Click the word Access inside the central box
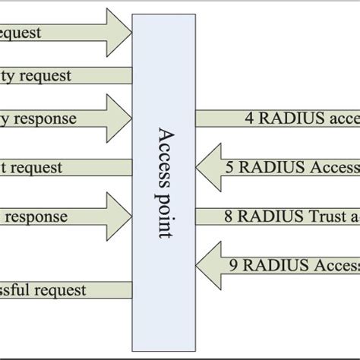coord(164,153)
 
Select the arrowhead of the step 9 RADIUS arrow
coord(207,265)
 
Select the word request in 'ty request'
coord(46,76)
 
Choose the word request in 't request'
coord(38,167)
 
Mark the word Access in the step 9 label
coord(334,265)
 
